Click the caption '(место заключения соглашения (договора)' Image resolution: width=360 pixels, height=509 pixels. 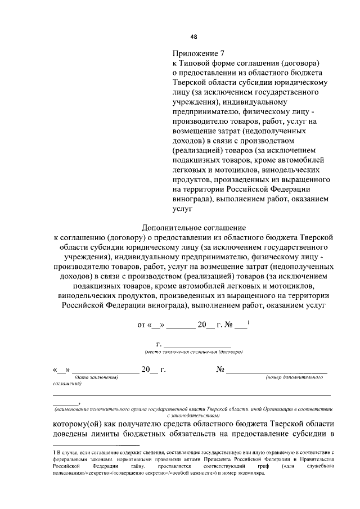[x=193, y=352]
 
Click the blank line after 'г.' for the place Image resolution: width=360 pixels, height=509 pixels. [x=196, y=344]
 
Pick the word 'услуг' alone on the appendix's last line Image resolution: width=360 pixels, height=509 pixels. [x=182, y=208]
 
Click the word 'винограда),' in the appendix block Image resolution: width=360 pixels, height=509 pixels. [x=193, y=199]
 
